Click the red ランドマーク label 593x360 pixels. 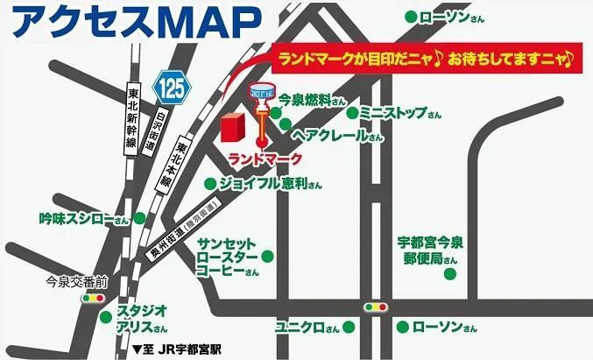click(x=264, y=159)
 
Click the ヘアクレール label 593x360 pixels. click(x=337, y=137)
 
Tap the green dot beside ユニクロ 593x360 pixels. click(x=348, y=328)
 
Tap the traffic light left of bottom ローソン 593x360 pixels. click(x=375, y=307)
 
